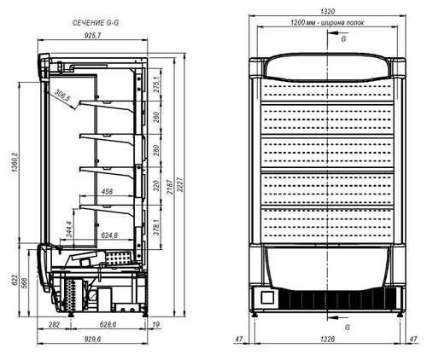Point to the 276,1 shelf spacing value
click(155, 88)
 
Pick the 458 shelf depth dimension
click(108, 191)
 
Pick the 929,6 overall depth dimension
click(93, 340)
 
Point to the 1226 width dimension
click(328, 340)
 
